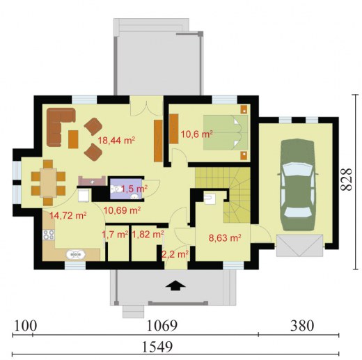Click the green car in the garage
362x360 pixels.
(x=298, y=185)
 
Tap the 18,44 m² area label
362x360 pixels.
(x=116, y=141)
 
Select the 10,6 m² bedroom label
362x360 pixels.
(x=197, y=134)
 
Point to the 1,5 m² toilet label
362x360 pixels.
(x=134, y=189)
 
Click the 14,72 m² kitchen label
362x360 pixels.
(x=68, y=216)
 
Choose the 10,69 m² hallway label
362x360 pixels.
(x=122, y=210)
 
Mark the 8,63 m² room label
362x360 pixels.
(x=225, y=238)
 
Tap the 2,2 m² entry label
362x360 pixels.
(x=175, y=255)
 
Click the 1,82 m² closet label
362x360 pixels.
(x=148, y=235)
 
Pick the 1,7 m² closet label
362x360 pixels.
(x=115, y=235)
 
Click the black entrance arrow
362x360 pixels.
(x=175, y=285)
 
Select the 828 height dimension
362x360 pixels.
(x=347, y=180)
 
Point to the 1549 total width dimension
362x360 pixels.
(x=157, y=347)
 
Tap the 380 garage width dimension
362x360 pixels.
(x=302, y=325)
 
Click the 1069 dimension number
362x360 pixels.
(x=162, y=325)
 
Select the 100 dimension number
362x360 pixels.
(x=26, y=325)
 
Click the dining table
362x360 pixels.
(x=48, y=183)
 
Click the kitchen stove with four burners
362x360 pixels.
(x=49, y=235)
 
